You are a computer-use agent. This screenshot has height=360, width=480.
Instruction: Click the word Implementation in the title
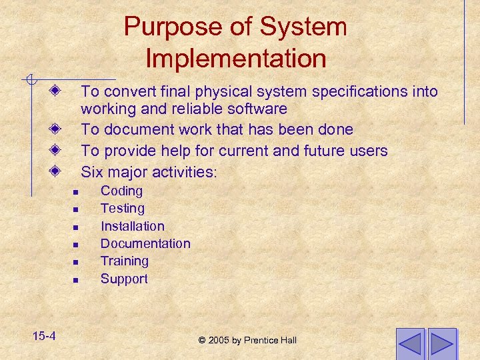(x=235, y=59)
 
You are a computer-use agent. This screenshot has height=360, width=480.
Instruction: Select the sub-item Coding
(x=121, y=191)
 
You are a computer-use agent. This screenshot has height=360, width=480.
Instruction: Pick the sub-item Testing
(x=122, y=209)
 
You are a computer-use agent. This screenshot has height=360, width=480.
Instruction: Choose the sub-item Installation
(x=132, y=227)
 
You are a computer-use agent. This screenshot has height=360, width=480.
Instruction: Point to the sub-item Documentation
(x=145, y=244)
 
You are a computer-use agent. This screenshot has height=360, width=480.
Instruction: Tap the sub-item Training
(x=124, y=261)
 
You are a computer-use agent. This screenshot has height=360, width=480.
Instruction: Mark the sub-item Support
(x=124, y=279)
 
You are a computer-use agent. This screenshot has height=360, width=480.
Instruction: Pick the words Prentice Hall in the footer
(x=272, y=341)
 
